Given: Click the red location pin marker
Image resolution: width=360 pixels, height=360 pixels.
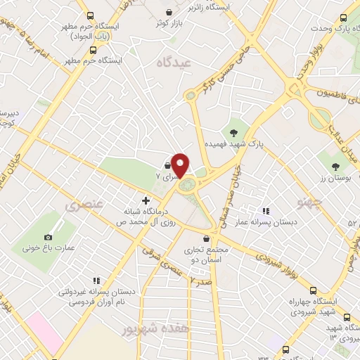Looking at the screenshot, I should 181,165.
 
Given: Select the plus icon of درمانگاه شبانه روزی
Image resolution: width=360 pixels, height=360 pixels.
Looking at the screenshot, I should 146,199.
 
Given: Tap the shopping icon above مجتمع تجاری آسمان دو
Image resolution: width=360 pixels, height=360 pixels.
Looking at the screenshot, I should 206,239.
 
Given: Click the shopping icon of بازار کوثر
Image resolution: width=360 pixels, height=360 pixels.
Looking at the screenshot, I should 169,11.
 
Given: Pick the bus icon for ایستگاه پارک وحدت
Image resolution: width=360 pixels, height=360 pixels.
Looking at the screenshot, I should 344,19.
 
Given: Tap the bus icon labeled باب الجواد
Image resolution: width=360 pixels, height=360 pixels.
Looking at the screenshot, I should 89,15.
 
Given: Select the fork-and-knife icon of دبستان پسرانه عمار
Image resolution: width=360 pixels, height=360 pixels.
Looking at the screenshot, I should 265,210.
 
